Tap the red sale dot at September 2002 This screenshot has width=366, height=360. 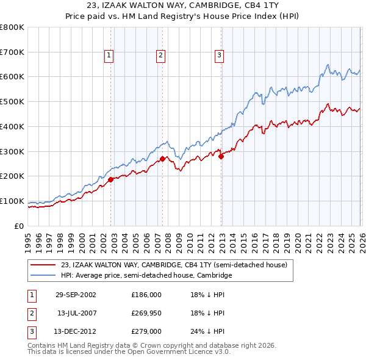pyautogui.click(x=111, y=180)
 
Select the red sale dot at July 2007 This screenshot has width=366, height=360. pyautogui.click(x=163, y=159)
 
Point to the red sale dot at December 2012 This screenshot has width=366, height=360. pyautogui.click(x=221, y=157)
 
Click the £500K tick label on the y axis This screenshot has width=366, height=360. pyautogui.click(x=12, y=102)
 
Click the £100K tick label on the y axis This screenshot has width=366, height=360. pyautogui.click(x=12, y=201)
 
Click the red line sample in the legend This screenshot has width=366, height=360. pyautogui.click(x=43, y=265)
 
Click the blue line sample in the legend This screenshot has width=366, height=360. pyautogui.click(x=43, y=276)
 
